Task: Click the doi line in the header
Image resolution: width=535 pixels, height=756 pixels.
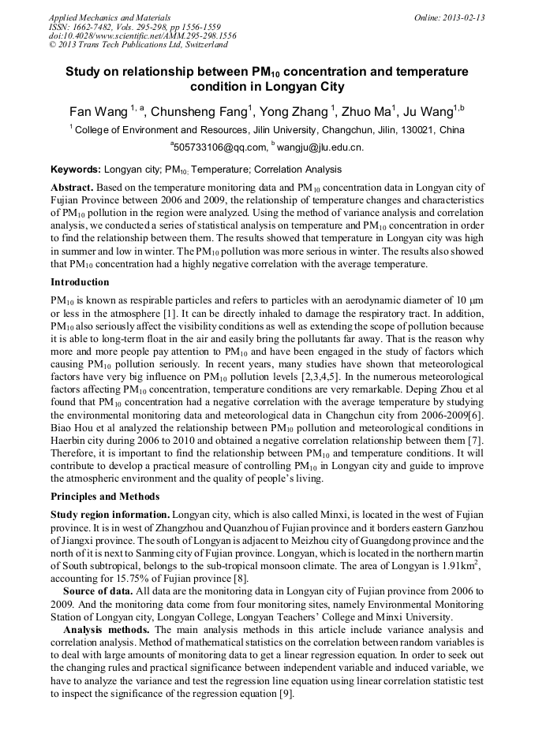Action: pos(142,36)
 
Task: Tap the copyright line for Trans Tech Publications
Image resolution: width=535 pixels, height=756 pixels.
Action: pos(138,46)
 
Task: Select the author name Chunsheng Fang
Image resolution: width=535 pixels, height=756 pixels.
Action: pos(200,112)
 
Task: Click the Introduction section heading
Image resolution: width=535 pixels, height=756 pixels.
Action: pos(80,282)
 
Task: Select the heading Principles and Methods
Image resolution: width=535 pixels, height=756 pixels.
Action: pos(105,497)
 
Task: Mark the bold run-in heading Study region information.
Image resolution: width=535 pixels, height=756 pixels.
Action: pos(110,514)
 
